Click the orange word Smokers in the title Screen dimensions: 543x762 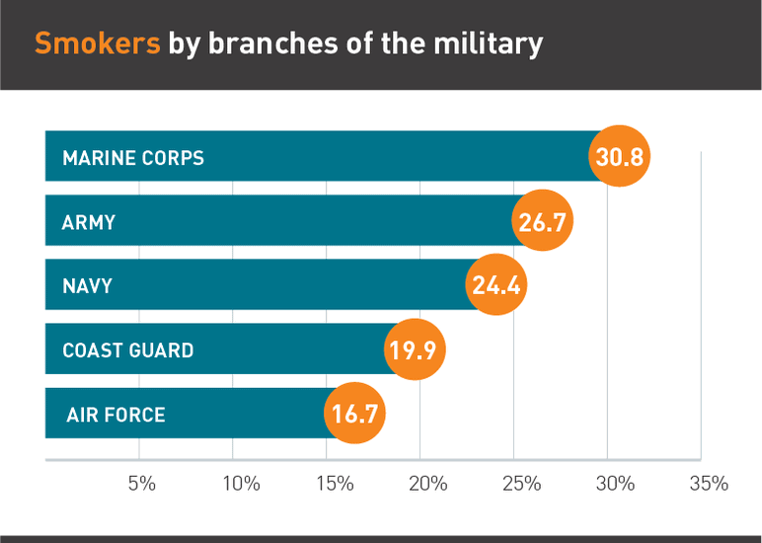(97, 44)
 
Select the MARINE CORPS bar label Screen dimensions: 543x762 (133, 158)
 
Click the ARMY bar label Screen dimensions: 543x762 (89, 222)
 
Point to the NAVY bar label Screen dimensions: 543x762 (87, 286)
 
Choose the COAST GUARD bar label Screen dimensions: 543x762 (127, 350)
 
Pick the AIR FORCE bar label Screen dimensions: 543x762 (115, 415)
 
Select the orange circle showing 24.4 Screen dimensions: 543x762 (496, 286)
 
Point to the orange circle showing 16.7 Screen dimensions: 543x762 (355, 414)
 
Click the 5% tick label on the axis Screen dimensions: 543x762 (142, 484)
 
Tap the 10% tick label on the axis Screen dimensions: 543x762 (242, 484)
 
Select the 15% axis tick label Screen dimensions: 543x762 (335, 484)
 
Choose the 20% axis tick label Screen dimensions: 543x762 (428, 484)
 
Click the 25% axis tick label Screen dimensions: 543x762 (522, 484)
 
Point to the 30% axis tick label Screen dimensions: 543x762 (616, 484)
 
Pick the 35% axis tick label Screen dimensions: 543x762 (709, 484)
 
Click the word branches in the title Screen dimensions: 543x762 (252, 44)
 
